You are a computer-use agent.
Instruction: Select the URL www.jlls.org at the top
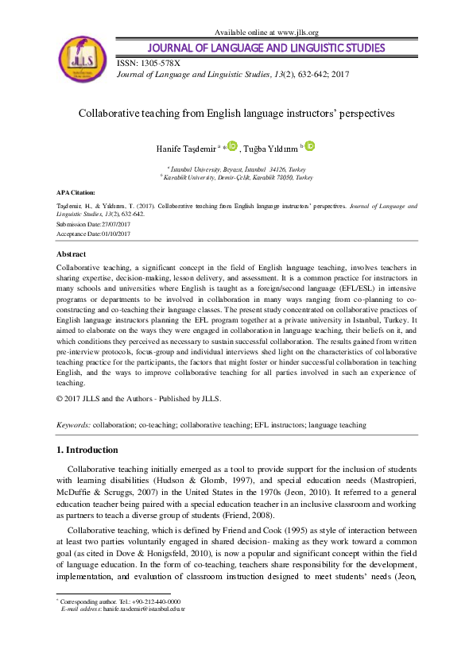tap(297, 32)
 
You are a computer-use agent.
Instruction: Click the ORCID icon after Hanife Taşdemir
tap(232, 145)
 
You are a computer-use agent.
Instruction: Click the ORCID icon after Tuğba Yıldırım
tap(310, 145)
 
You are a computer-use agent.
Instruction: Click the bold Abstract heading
tap(72, 253)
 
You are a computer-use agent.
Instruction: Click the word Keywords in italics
tap(73, 425)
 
